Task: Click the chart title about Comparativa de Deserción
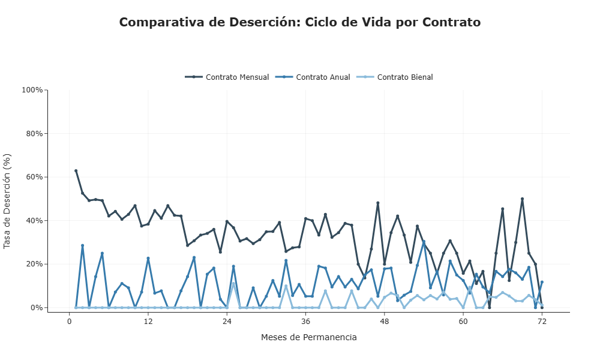(299, 22)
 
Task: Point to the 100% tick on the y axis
(32, 90)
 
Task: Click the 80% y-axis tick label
(34, 133)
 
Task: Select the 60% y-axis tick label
(34, 177)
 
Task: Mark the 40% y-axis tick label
(34, 220)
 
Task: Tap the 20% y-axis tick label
(34, 264)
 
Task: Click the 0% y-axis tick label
(36, 308)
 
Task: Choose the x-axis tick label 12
(148, 322)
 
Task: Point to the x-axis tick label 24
(227, 322)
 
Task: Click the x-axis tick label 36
(305, 322)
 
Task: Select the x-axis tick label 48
(385, 322)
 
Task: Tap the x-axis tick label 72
(542, 322)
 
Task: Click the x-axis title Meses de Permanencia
(308, 337)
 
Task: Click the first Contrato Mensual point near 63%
(76, 170)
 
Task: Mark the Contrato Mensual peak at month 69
(522, 199)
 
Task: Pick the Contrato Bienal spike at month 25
(233, 283)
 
